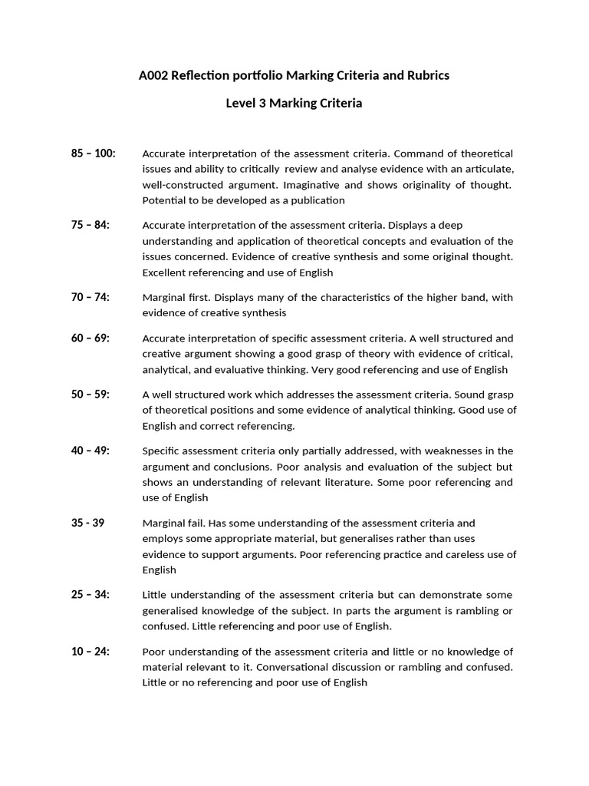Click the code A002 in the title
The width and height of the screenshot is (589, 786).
click(153, 75)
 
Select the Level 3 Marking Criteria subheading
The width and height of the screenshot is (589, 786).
click(294, 103)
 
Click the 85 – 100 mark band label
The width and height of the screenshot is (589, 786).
click(94, 154)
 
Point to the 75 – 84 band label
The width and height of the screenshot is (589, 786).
click(90, 225)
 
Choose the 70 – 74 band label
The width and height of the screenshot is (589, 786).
click(90, 297)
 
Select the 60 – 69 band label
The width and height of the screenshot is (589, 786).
click(90, 338)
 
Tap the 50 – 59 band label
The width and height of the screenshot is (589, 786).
click(90, 394)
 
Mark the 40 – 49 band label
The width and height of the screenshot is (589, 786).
click(90, 451)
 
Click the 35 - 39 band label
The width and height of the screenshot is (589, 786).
click(88, 523)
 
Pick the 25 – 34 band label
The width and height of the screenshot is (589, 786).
click(90, 595)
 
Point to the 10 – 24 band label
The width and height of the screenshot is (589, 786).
click(90, 651)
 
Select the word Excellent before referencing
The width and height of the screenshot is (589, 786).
click(166, 272)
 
